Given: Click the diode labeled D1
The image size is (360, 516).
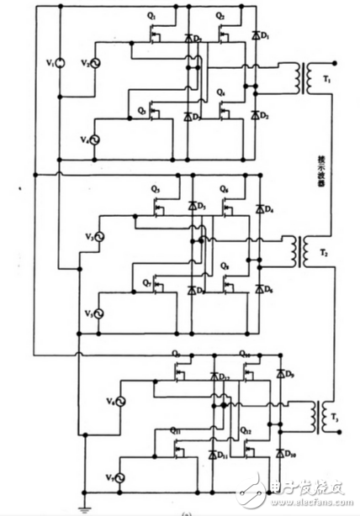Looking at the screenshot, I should click(x=255, y=35).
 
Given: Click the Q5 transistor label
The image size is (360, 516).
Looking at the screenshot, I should click(x=155, y=187).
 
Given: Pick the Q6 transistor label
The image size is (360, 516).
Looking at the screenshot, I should click(x=224, y=187).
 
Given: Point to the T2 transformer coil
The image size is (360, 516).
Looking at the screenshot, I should click(x=299, y=250).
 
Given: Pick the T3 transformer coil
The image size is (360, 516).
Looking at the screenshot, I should click(x=315, y=414).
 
